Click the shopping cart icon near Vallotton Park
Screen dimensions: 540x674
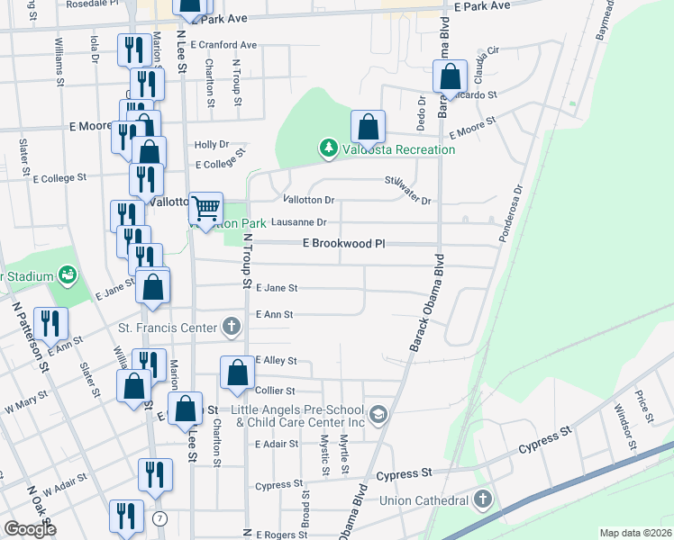pos(206,209)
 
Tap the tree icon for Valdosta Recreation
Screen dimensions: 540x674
pos(329,148)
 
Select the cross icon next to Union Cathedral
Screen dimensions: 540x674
pos(483,499)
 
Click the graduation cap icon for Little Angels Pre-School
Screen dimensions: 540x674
pos(378,414)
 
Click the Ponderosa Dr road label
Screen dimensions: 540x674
pos(511,214)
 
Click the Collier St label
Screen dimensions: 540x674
pos(276,391)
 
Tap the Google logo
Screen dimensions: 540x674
pos(30,529)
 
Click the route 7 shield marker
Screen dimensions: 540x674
pos(159,518)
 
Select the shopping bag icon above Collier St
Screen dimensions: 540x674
pos(236,373)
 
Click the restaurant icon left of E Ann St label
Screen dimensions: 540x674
pos(49,324)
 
